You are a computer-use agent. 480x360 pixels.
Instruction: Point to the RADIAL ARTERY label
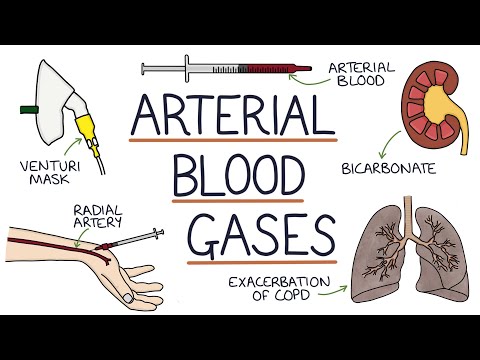pos(100,216)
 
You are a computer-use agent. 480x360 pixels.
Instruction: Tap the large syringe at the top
pos(225,70)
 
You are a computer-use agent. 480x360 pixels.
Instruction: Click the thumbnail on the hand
pos(129,297)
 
